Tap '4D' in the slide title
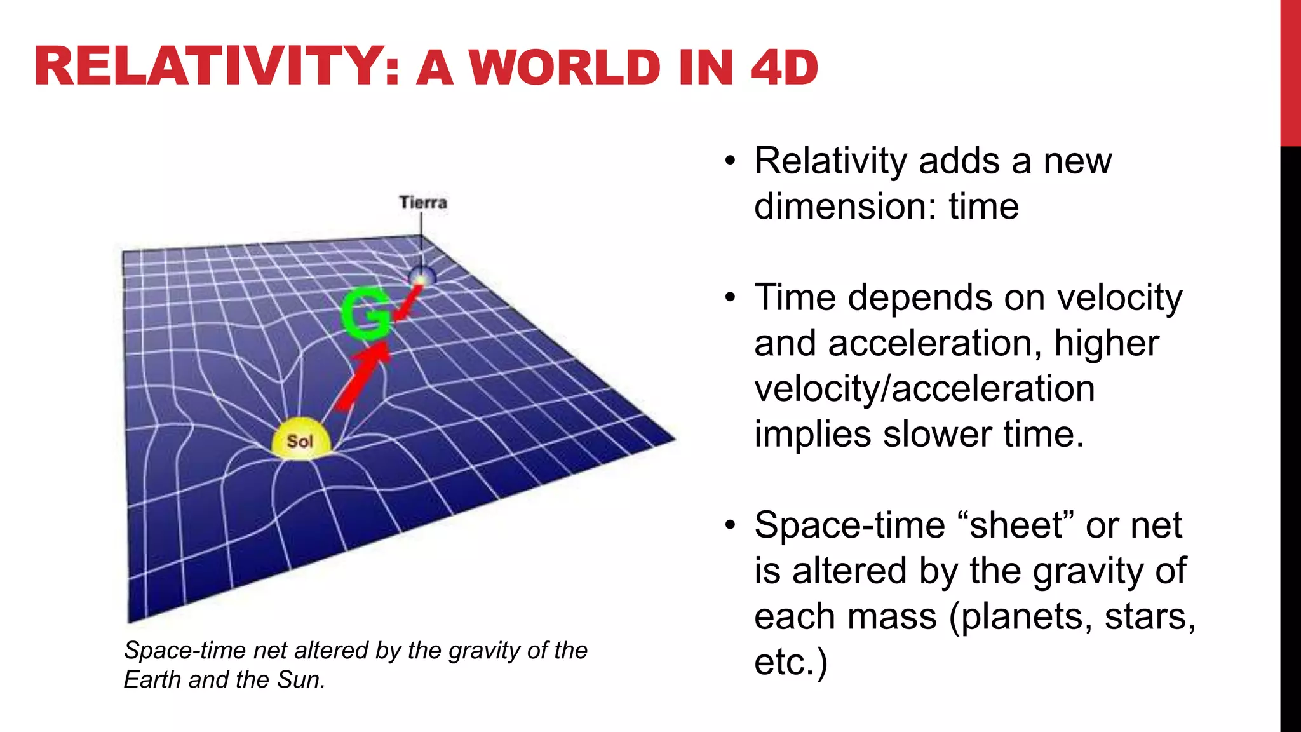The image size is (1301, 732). [x=784, y=67]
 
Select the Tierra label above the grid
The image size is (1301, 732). [x=423, y=203]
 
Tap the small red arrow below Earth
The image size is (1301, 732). [x=408, y=302]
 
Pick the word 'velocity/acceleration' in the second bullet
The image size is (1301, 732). [x=924, y=388]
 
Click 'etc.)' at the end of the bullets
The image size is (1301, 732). [x=790, y=662]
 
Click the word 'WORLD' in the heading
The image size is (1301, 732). [x=565, y=67]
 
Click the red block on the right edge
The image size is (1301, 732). [x=1290, y=73]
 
